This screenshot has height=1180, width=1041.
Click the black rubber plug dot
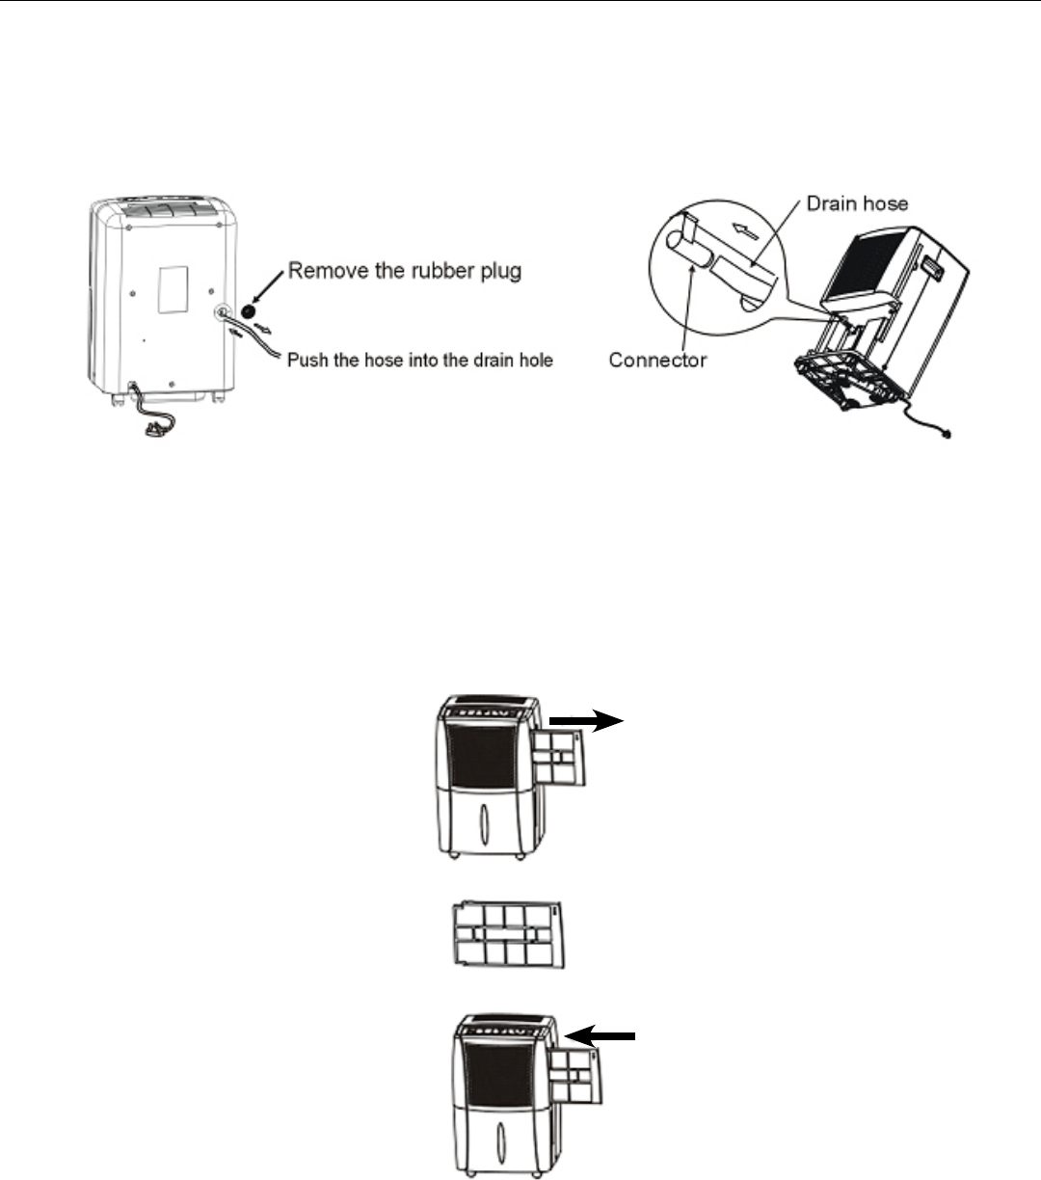249,312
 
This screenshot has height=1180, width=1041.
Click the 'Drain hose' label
857,203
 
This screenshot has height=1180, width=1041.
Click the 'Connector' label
657,361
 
